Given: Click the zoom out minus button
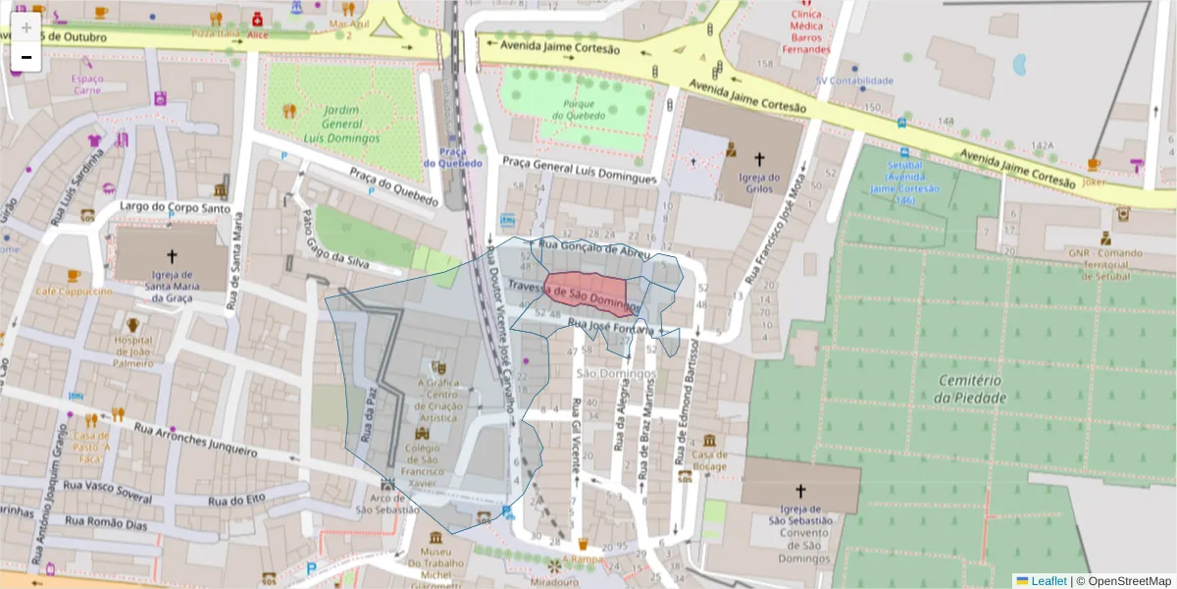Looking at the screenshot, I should (26, 58).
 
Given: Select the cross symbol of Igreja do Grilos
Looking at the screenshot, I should (758, 157).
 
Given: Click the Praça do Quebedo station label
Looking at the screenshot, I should (452, 157).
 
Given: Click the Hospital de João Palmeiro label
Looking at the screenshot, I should (133, 350).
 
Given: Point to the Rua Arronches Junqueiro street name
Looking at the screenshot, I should (195, 439).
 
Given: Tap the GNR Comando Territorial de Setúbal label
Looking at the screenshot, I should (1105, 264).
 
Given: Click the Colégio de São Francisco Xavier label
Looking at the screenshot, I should (424, 463).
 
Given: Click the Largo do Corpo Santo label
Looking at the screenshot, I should (175, 208).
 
